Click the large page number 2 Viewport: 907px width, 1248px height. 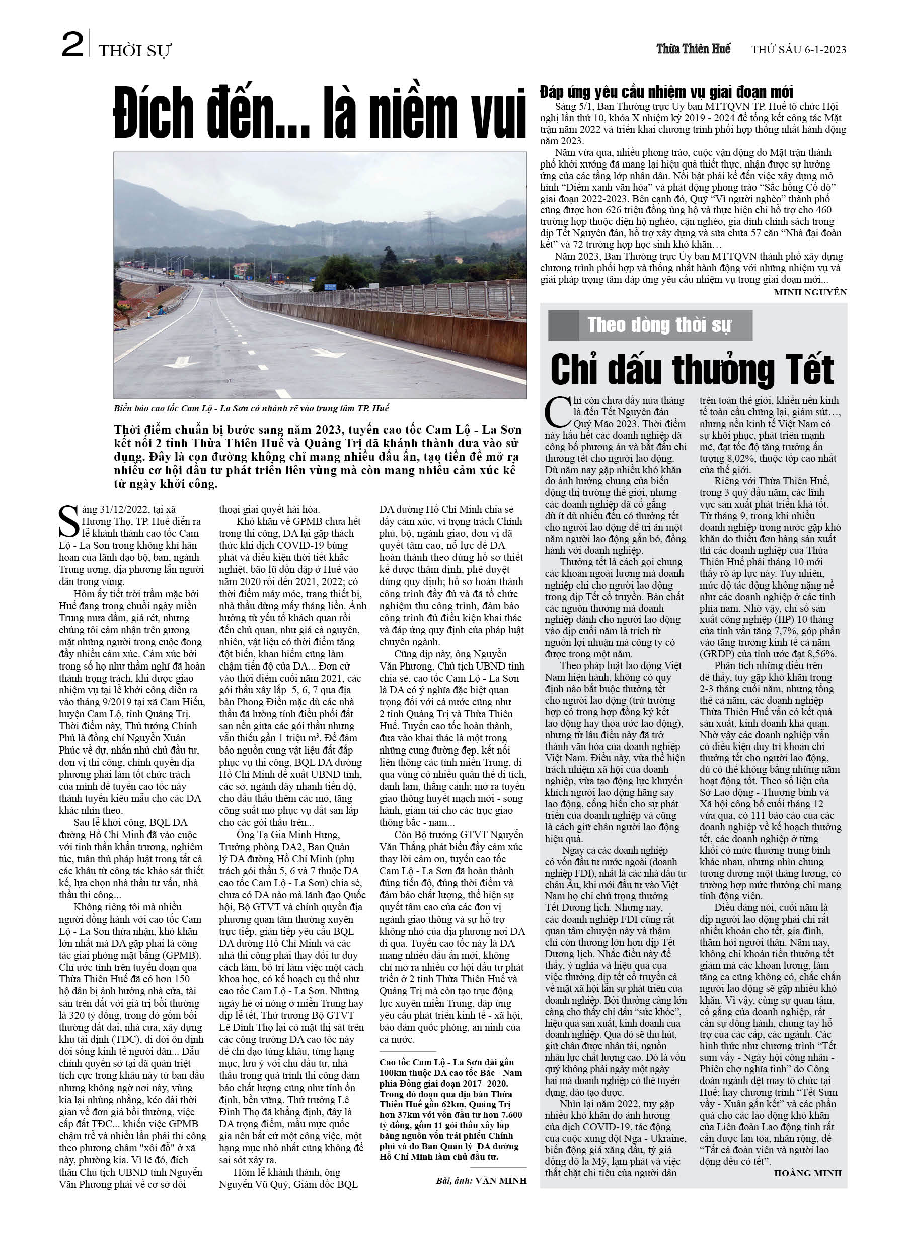(x=72, y=45)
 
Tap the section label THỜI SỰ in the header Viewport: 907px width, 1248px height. (x=135, y=51)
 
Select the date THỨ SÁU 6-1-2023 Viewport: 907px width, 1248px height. (x=798, y=49)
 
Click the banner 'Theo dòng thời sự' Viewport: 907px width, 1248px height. (x=659, y=325)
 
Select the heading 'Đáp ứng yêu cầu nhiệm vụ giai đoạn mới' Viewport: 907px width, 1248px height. (x=666, y=92)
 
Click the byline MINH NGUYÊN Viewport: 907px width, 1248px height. (x=809, y=292)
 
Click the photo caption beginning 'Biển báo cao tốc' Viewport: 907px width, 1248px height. (x=251, y=408)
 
